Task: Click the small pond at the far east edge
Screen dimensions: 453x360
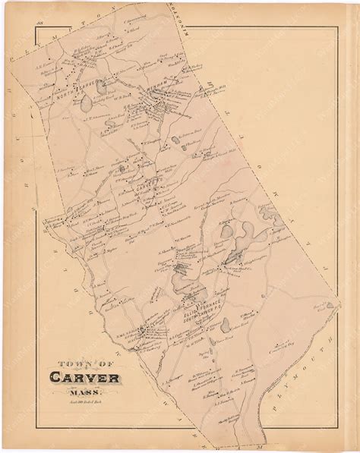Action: click(x=329, y=305)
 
